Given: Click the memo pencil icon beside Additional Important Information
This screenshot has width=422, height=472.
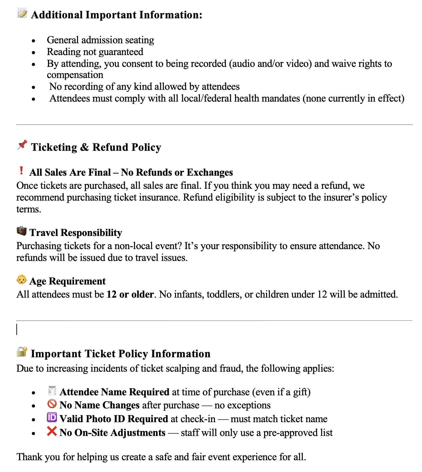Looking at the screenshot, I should tap(22, 14).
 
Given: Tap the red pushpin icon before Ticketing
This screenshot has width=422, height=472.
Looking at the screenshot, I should tap(22, 145).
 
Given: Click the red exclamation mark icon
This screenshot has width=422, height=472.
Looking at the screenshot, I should tap(21, 171).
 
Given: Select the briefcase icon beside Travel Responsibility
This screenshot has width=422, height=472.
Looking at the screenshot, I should tap(22, 231).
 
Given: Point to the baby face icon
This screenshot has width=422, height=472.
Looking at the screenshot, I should tap(22, 280).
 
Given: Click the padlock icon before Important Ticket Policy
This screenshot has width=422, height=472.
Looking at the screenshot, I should tap(22, 352).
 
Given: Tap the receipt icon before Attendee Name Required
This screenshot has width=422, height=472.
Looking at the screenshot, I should tap(52, 391).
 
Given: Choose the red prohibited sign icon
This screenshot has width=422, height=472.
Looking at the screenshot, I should tap(52, 404).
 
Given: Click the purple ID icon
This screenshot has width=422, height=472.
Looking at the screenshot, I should tap(52, 418).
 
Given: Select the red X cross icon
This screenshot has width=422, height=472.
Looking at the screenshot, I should tap(52, 431).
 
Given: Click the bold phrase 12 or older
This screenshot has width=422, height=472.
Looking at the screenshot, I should tap(130, 294).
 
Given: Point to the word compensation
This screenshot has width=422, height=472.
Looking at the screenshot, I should tap(75, 75).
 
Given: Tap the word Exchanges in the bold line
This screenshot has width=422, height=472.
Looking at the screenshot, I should tap(210, 172).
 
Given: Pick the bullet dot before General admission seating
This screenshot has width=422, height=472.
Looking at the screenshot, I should tap(33, 41).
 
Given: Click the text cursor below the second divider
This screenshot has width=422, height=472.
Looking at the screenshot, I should tap(17, 329).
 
